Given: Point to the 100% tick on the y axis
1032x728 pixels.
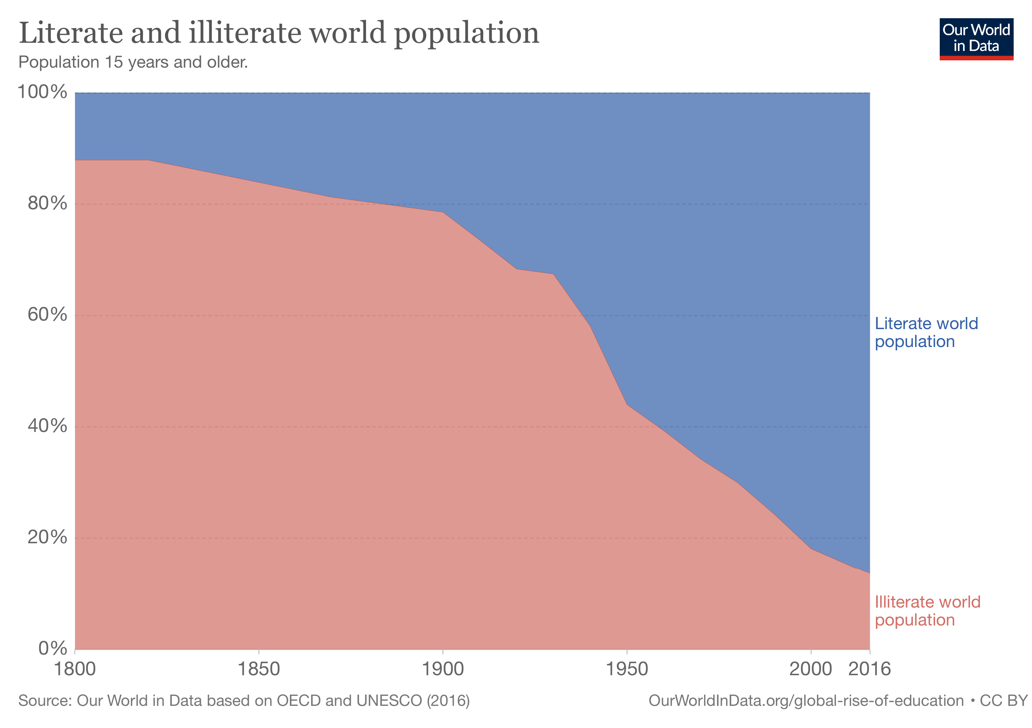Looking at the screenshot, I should pyautogui.click(x=42, y=92).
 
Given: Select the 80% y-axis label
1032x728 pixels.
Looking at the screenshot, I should pyautogui.click(x=47, y=204).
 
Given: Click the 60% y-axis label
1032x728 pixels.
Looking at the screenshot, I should pyautogui.click(x=47, y=315).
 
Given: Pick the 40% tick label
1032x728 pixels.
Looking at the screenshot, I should pyautogui.click(x=47, y=426).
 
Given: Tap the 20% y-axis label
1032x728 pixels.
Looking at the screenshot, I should pyautogui.click(x=47, y=537).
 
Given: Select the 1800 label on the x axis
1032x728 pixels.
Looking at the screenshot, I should pyautogui.click(x=75, y=669).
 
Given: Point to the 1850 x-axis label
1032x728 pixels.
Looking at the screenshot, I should pyautogui.click(x=258, y=669).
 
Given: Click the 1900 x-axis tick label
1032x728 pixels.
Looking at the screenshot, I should pyautogui.click(x=443, y=669).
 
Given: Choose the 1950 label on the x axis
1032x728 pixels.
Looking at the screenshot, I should pyautogui.click(x=626, y=669).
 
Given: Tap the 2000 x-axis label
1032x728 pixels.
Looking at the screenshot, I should pyautogui.click(x=810, y=669).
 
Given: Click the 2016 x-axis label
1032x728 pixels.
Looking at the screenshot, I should pyautogui.click(x=869, y=669).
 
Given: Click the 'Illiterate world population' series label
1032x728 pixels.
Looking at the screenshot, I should pyautogui.click(x=927, y=611).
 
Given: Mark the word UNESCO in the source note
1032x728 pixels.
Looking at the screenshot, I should pyautogui.click(x=389, y=701).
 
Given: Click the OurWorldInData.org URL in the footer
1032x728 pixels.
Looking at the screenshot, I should pyautogui.click(x=806, y=701).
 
